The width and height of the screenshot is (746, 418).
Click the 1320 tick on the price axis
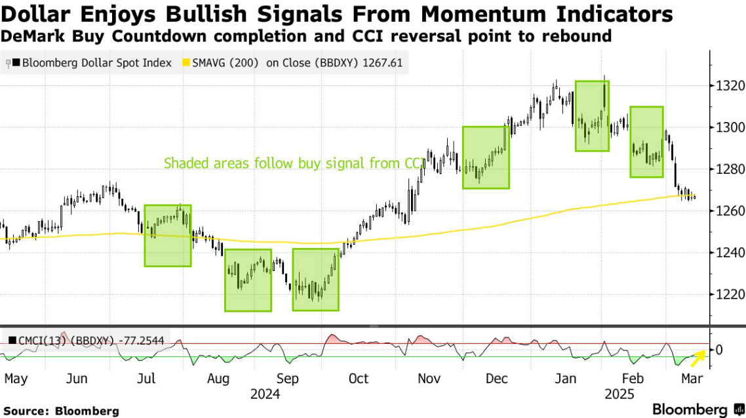[x=728, y=85]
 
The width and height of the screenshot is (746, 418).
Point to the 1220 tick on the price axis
[x=728, y=294]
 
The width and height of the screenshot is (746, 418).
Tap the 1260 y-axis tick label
[x=728, y=211]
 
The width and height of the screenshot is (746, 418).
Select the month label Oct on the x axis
[x=358, y=379]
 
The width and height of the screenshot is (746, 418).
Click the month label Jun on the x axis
[x=77, y=379]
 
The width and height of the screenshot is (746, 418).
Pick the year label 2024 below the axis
[x=265, y=394]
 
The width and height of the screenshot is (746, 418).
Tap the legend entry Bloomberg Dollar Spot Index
[x=96, y=64]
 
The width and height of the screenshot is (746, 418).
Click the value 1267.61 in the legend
[x=385, y=64]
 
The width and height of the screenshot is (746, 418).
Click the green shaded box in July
[x=168, y=236]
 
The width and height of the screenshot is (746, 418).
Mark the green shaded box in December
[x=486, y=157]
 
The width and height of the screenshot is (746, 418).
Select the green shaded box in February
[x=646, y=142]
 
